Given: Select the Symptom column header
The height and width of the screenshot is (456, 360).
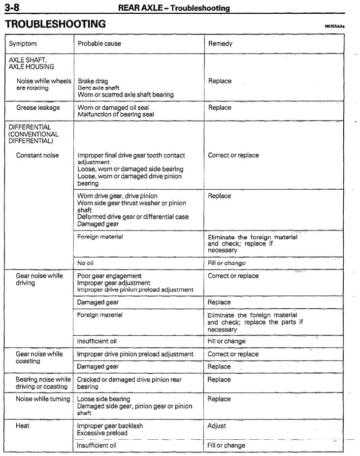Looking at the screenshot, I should [23, 44].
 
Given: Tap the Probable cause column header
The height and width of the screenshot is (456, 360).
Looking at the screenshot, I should [99, 44].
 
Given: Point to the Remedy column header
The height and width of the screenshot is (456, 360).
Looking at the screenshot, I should [220, 44].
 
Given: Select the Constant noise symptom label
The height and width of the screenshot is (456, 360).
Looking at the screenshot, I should [37, 156].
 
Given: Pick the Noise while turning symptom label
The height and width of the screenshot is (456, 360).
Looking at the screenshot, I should [43, 399].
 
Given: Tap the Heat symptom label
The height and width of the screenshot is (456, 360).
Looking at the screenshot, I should [23, 425].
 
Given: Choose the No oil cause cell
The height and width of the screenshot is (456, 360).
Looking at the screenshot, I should [86, 263].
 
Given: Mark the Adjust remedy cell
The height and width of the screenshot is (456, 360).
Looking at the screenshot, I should [217, 425].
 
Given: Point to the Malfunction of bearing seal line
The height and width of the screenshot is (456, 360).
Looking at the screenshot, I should [116, 114].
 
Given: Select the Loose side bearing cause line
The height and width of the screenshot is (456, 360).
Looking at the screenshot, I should [103, 399].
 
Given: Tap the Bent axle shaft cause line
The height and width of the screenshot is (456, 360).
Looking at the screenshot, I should [98, 88].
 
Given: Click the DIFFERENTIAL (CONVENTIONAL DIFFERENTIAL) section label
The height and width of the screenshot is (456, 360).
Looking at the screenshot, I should [33, 134].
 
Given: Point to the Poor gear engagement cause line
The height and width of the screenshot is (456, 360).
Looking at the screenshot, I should [109, 276].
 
